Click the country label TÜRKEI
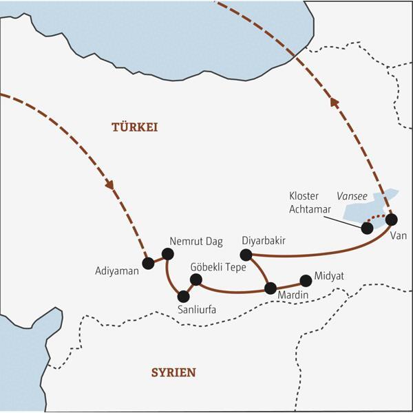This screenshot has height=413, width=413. point(135,127)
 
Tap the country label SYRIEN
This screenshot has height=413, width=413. point(173,372)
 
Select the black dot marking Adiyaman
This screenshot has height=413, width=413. point(147,263)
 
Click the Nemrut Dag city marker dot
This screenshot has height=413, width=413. point(167,253)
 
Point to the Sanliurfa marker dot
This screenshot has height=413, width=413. point(183,297)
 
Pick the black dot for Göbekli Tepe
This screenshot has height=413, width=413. point(195,279)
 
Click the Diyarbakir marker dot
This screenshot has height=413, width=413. point(246,255)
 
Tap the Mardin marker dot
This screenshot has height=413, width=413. point(271,288)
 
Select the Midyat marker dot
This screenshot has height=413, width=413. point(306,281)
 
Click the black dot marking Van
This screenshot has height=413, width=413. point(391,220)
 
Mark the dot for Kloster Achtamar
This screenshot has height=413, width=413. point(367,227)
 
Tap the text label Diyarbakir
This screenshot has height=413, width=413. point(264,240)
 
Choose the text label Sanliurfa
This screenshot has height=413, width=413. point(196,310)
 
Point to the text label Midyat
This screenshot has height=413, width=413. point(329,276)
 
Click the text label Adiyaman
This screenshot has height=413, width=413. point(117,271)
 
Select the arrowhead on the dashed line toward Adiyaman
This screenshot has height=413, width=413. point(109,184)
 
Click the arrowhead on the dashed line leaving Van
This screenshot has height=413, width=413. point(335,103)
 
